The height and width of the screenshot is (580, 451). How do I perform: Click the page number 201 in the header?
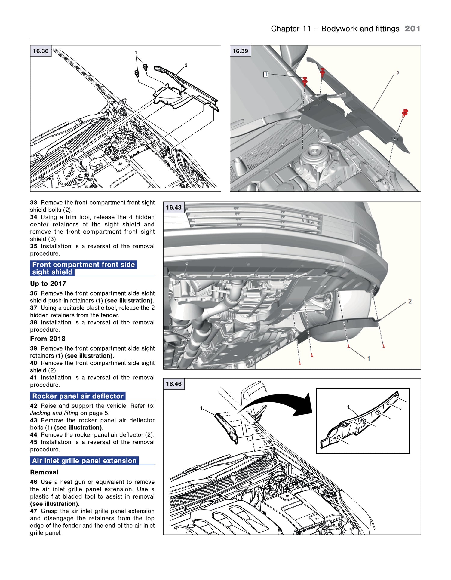[412, 29]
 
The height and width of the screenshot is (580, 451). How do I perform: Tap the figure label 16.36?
[41, 51]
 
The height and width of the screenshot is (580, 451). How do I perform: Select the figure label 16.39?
[240, 51]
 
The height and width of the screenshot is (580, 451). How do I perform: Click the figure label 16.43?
[174, 207]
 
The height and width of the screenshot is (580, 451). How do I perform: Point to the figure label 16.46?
[174, 384]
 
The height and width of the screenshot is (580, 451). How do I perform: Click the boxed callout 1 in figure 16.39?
[265, 74]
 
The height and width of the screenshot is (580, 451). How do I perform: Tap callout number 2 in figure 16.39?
[398, 73]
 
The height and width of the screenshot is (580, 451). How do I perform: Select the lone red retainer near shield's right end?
[405, 113]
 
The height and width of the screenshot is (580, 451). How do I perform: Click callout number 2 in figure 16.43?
[410, 301]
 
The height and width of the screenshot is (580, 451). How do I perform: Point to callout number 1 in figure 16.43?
[369, 358]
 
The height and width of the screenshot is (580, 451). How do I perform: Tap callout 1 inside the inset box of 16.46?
[348, 407]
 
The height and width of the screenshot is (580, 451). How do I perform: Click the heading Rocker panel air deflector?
[78, 396]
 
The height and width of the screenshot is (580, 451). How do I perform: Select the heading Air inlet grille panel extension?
[84, 461]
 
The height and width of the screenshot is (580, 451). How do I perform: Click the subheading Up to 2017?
[48, 284]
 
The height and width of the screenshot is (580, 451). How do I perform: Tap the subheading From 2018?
[48, 339]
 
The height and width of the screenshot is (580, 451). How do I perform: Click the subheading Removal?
[44, 472]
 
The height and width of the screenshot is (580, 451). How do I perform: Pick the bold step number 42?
[34, 406]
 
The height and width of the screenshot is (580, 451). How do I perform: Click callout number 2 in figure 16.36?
[186, 65]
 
